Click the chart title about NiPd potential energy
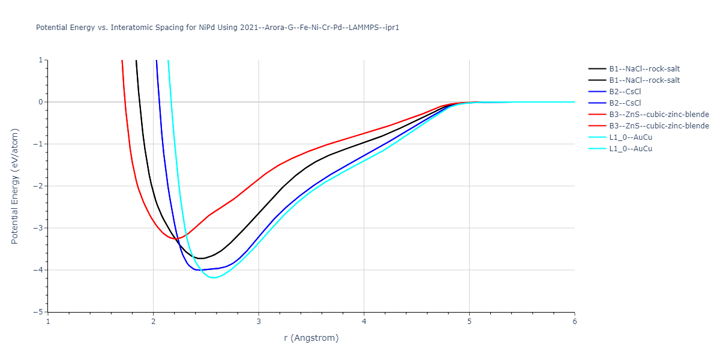(218, 28)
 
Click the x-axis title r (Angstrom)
(311, 338)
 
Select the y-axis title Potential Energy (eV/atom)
(15, 186)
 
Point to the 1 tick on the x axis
(48, 322)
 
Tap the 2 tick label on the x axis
(153, 322)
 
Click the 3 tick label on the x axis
(259, 322)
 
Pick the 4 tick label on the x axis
(364, 322)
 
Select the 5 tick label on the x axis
(469, 322)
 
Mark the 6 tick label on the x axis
(574, 322)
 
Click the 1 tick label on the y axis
(41, 60)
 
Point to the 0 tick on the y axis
(41, 102)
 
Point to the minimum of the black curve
(202, 259)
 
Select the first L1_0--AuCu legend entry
(631, 137)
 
